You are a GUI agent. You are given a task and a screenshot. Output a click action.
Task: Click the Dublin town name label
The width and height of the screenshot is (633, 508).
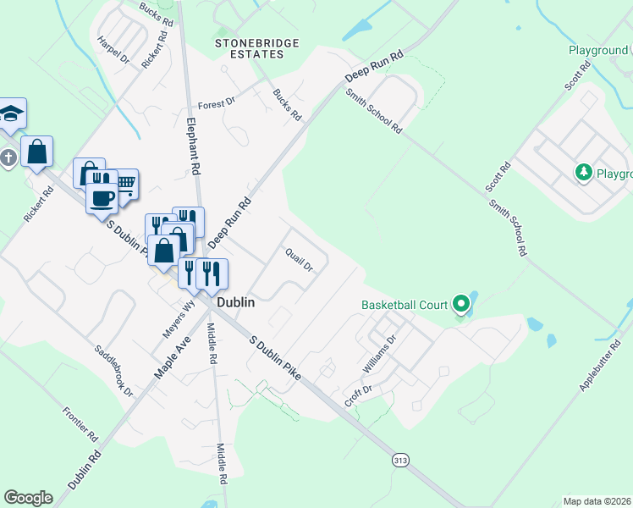click(x=236, y=301)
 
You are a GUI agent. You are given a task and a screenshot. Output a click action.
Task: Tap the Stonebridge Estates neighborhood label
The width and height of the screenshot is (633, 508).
click(x=248, y=48)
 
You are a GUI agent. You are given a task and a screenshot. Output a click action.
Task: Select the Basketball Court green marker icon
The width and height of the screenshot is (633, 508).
click(x=460, y=303)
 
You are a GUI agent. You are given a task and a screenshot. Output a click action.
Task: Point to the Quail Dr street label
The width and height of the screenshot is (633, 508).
click(x=299, y=259)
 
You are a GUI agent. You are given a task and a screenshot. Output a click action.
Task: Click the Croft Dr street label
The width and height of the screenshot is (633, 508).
click(x=358, y=395)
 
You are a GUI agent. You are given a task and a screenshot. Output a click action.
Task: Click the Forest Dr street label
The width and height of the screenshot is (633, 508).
click(x=216, y=104)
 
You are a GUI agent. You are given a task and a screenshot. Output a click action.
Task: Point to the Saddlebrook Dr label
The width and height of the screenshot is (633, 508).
click(x=114, y=369)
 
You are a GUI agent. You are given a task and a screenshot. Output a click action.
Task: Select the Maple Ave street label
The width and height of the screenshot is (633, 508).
click(x=173, y=356)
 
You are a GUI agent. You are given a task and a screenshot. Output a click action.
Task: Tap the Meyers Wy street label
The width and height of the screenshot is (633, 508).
click(x=185, y=315)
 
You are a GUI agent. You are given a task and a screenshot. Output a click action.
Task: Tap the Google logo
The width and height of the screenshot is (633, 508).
click(x=28, y=498)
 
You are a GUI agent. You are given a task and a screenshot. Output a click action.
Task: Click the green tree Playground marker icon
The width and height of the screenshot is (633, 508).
click(x=583, y=173)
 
